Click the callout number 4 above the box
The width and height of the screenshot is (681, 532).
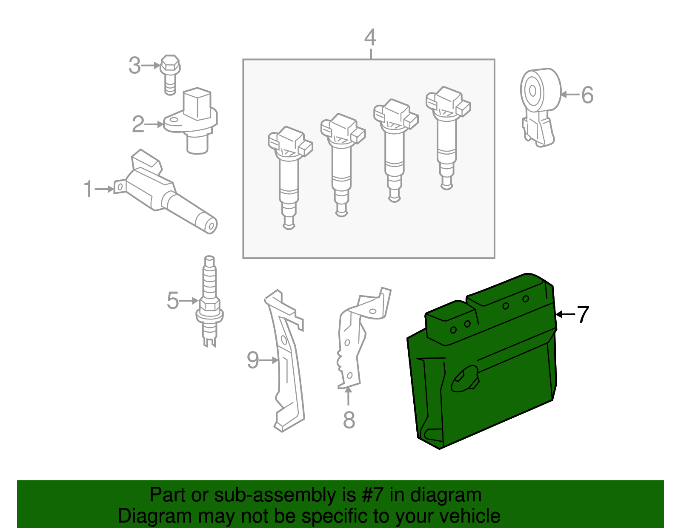tap(370, 37)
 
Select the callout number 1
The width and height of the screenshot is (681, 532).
tap(89, 189)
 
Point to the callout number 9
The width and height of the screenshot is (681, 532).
tap(253, 360)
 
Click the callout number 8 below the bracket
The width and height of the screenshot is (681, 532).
tap(349, 420)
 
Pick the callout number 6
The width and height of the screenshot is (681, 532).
tap(587, 95)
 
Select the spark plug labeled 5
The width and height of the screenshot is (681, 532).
tap(209, 301)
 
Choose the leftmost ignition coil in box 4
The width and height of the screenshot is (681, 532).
tap(290, 178)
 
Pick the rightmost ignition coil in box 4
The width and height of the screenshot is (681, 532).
tap(448, 138)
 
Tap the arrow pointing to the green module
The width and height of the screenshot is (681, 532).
tap(566, 314)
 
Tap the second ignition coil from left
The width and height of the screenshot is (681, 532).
tap(343, 165)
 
